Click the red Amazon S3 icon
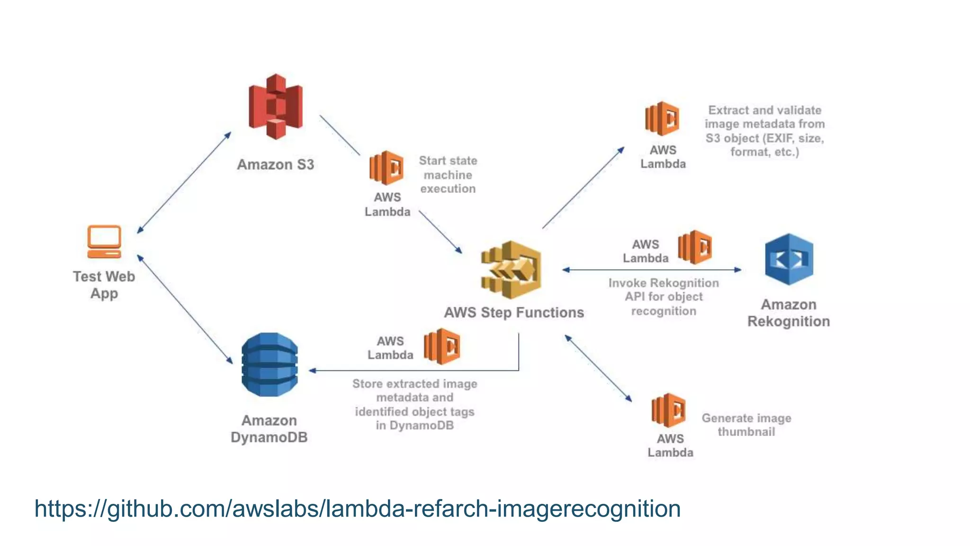click(x=276, y=106)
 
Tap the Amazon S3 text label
click(x=275, y=164)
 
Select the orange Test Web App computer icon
click(x=104, y=241)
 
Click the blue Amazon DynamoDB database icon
click(x=269, y=364)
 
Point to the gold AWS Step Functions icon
click(x=512, y=270)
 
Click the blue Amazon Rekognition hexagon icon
click(x=789, y=259)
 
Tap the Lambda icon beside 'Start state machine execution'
click(x=386, y=168)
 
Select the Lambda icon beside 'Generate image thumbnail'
click(x=668, y=410)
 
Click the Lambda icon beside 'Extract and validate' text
click(x=662, y=118)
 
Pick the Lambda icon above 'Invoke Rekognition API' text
click(x=695, y=247)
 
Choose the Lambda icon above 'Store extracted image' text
click(x=442, y=346)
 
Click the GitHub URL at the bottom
click(x=358, y=509)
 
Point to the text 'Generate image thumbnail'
click(x=746, y=425)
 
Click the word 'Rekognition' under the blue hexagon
click(x=788, y=321)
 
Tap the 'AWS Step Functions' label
click(x=514, y=312)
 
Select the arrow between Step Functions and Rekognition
click(x=651, y=270)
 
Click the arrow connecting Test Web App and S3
click(x=184, y=182)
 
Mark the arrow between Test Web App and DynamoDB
click(x=185, y=309)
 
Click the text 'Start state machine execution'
click(x=448, y=175)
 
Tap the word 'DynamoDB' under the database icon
click(x=269, y=437)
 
